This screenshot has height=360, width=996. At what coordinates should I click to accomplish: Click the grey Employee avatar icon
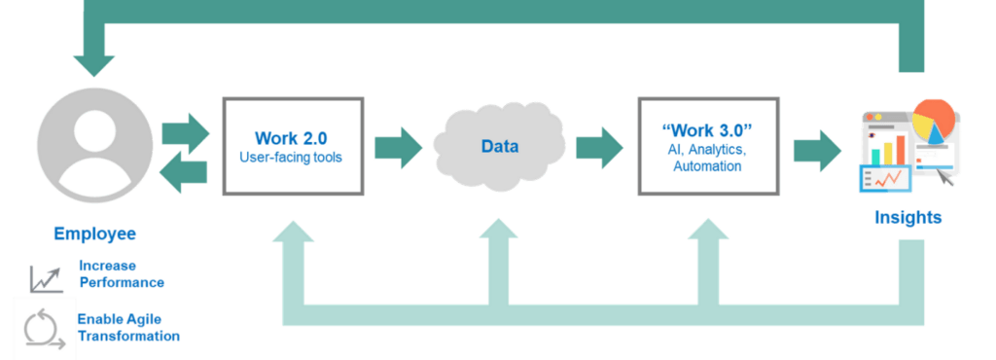(x=94, y=145)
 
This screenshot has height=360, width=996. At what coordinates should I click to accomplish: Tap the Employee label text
(x=94, y=234)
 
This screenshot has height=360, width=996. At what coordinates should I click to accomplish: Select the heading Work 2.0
(x=291, y=138)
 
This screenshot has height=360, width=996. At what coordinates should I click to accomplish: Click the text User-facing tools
(x=291, y=157)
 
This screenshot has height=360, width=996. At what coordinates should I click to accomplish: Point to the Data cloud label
(x=499, y=147)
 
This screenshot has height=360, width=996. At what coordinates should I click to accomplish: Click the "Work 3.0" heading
(x=707, y=129)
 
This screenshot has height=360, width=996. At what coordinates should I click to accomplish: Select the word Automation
(x=707, y=166)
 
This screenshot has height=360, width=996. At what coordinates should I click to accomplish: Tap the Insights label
(x=907, y=218)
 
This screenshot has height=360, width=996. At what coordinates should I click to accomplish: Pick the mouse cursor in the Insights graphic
(x=946, y=178)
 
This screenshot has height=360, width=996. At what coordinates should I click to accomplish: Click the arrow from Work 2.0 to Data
(x=398, y=148)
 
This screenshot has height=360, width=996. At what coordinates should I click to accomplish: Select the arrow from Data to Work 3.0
(x=599, y=148)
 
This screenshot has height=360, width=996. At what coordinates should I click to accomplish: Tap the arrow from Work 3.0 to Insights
(x=817, y=151)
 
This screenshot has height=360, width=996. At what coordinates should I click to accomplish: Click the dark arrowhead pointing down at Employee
(x=94, y=66)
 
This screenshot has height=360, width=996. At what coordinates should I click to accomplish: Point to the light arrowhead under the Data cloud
(x=499, y=230)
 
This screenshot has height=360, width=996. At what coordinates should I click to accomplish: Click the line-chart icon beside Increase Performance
(x=47, y=279)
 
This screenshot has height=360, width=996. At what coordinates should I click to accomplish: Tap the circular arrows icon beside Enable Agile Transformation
(x=43, y=329)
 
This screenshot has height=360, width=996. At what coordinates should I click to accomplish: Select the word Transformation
(x=128, y=336)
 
